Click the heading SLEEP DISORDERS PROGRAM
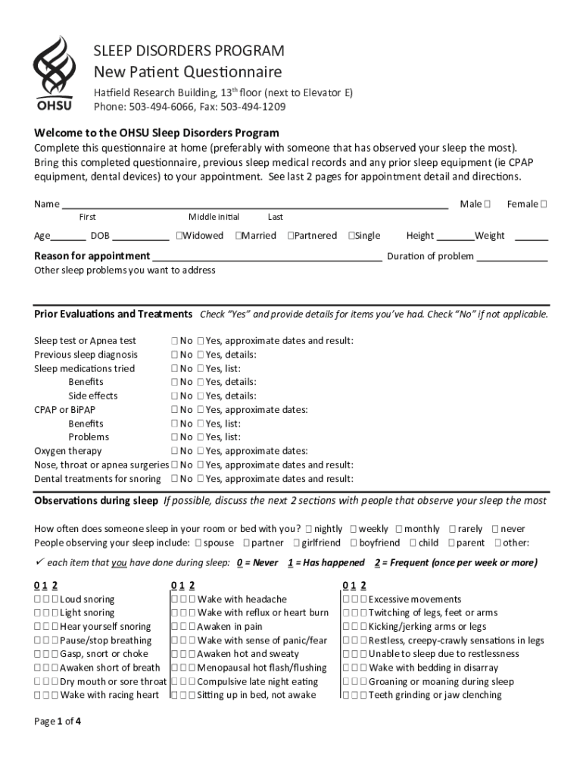pyautogui.click(x=189, y=51)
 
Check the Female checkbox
pyautogui.click(x=544, y=204)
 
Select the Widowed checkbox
pyautogui.click(x=179, y=236)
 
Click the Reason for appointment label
pyautogui.click(x=92, y=256)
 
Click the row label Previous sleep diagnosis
pyautogui.click(x=86, y=355)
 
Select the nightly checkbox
pyautogui.click(x=309, y=529)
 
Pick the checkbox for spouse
pyautogui.click(x=198, y=543)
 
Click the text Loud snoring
pyautogui.click(x=87, y=599)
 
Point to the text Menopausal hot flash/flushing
pyautogui.click(x=262, y=668)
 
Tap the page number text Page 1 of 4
pyautogui.click(x=58, y=721)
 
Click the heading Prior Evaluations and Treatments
pyautogui.click(x=113, y=314)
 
